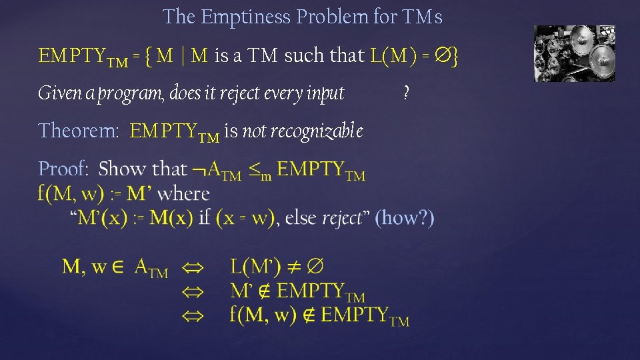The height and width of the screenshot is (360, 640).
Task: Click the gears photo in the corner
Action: click(x=575, y=53)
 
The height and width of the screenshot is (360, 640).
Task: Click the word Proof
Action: click(x=63, y=169)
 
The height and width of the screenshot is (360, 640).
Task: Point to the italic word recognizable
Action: click(x=303, y=131)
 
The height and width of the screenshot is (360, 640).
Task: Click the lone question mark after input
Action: click(x=407, y=93)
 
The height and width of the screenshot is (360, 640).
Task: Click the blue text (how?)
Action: click(x=405, y=217)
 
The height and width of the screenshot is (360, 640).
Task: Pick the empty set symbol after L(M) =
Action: click(x=441, y=56)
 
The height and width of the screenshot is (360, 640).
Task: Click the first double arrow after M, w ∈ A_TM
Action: click(x=193, y=269)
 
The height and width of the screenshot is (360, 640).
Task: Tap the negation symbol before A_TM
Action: click(x=199, y=171)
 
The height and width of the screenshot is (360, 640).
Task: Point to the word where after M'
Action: click(x=185, y=194)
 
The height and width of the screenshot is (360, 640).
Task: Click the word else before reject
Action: click(x=301, y=217)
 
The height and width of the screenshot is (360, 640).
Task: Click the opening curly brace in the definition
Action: click(x=149, y=56)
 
